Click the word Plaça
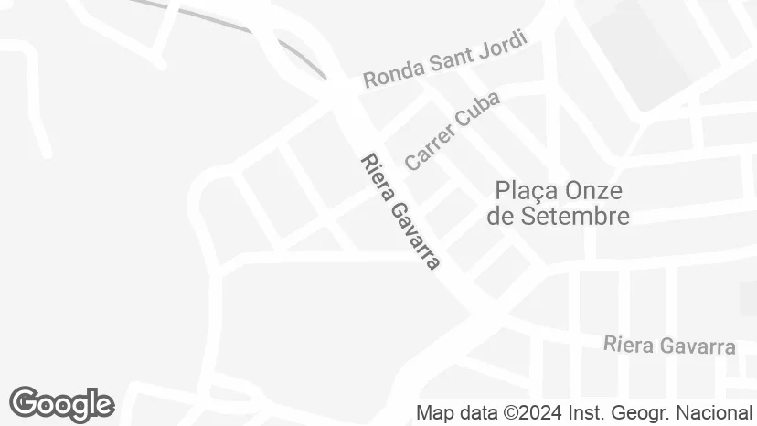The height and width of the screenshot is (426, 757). tap(527, 191)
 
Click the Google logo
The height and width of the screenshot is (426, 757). tap(61, 404)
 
